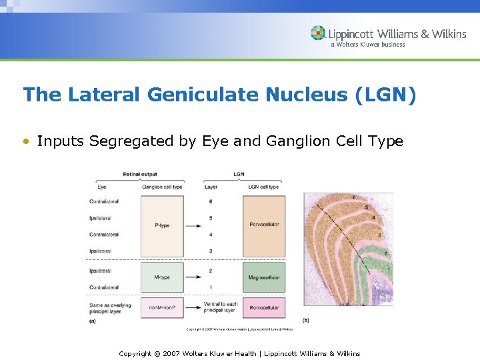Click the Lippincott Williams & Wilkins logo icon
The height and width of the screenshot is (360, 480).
point(318,33)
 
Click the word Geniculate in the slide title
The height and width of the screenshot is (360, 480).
point(203,95)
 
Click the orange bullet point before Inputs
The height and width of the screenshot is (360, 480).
point(26,141)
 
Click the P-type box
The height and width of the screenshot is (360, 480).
point(162,225)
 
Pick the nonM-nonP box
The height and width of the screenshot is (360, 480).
point(162,308)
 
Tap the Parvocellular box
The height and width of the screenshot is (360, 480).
point(263,225)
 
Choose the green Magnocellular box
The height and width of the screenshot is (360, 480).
point(263,277)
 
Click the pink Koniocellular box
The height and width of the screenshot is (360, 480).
point(263,308)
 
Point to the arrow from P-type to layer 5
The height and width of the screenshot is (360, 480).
point(193,226)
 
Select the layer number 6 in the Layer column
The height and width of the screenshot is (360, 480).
point(211,201)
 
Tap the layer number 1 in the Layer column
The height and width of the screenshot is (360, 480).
point(211,287)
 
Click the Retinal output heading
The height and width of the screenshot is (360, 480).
point(140,175)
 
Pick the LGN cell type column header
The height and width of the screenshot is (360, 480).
point(263,187)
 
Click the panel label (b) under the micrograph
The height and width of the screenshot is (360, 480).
point(306,321)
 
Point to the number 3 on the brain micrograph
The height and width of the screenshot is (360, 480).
point(379,235)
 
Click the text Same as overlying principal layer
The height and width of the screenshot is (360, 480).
point(110,308)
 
